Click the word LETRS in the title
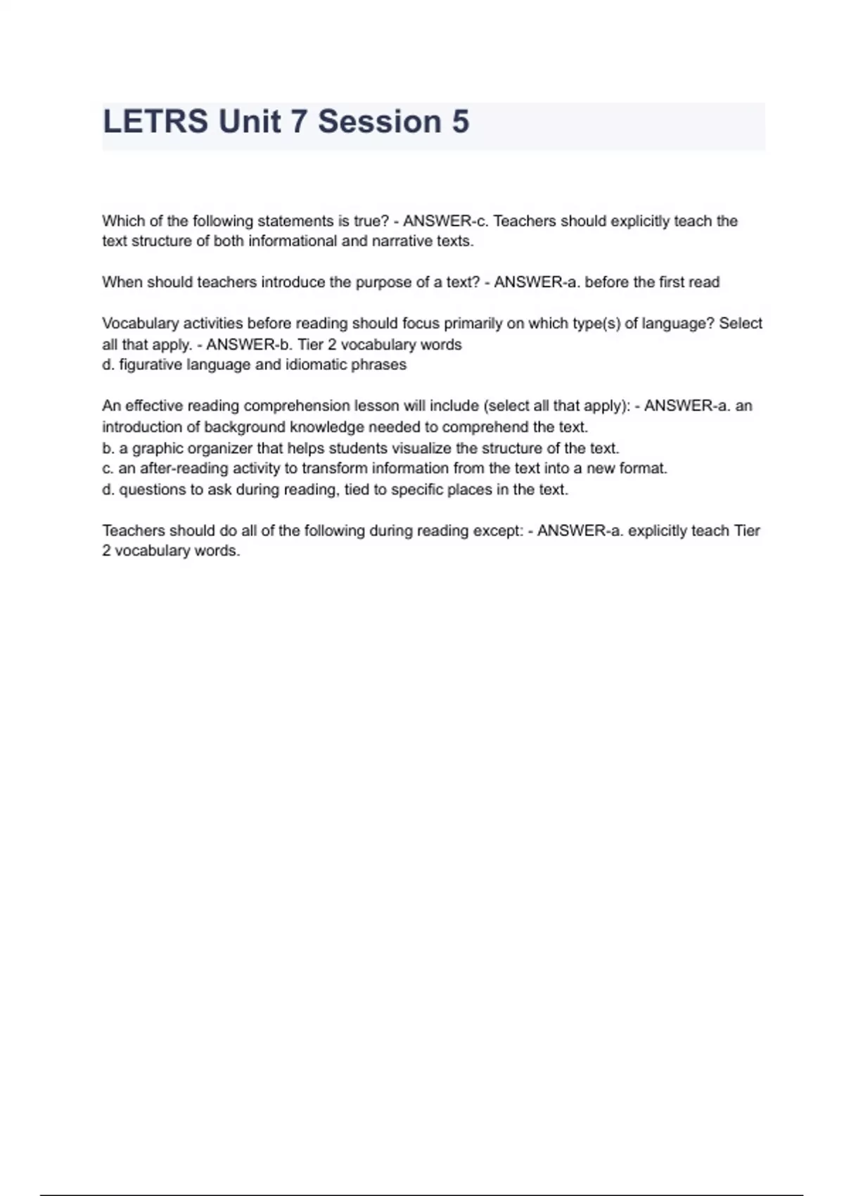155,122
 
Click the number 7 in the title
298,122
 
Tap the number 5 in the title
460,122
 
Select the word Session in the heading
379,122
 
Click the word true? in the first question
371,221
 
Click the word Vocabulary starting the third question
140,324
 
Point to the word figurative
151,365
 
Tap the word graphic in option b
158,448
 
